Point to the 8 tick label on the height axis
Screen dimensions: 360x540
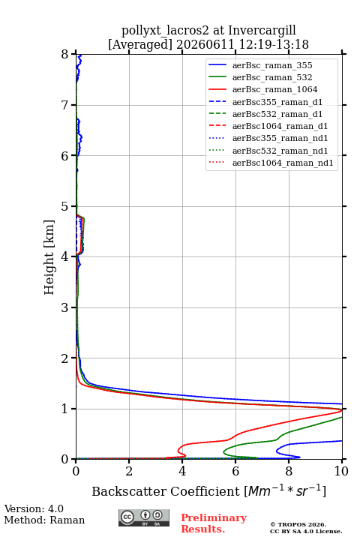pyautogui.click(x=65, y=55)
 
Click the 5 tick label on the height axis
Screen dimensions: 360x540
pyautogui.click(x=65, y=206)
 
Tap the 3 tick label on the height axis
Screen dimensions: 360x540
pyautogui.click(x=65, y=307)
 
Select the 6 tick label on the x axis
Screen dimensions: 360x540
pyautogui.click(x=235, y=471)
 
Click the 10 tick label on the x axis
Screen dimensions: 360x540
pyautogui.click(x=341, y=471)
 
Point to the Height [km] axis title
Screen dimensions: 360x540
pyautogui.click(x=49, y=257)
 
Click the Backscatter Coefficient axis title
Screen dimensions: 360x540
pyautogui.click(x=208, y=490)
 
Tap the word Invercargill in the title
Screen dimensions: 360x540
pyautogui.click(x=262, y=31)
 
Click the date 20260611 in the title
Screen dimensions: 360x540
pyautogui.click(x=205, y=45)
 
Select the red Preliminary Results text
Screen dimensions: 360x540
pyautogui.click(x=214, y=523)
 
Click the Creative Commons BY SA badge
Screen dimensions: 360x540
pyautogui.click(x=144, y=517)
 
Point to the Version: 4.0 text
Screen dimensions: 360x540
pyautogui.click(x=34, y=508)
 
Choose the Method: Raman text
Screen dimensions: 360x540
pyautogui.click(x=44, y=520)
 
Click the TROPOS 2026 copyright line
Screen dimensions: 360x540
pyautogui.click(x=298, y=524)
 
